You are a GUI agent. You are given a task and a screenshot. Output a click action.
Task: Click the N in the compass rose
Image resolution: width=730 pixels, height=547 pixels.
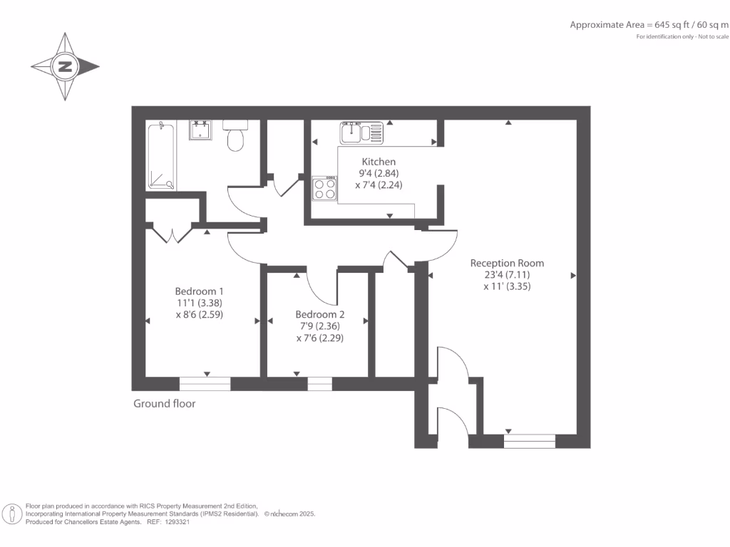[65, 66]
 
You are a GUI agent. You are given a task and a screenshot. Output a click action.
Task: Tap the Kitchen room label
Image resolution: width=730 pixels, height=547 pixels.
[379, 162]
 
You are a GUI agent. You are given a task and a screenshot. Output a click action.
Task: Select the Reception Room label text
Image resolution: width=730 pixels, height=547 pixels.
[507, 264]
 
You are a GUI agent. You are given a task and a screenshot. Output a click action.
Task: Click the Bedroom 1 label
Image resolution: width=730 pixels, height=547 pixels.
[200, 291]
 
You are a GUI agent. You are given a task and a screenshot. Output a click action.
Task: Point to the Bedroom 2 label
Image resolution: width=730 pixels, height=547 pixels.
[320, 314]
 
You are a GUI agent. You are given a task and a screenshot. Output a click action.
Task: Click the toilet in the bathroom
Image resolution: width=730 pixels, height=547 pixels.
[235, 135]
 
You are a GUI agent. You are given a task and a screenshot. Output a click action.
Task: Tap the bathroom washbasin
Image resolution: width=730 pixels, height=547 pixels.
[200, 130]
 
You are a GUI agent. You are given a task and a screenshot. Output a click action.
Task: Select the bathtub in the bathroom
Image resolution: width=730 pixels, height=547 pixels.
[161, 155]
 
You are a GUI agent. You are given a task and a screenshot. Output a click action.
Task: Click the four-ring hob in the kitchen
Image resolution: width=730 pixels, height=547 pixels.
[324, 188]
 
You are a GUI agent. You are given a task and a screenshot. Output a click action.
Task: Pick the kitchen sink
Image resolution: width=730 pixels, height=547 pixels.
[361, 132]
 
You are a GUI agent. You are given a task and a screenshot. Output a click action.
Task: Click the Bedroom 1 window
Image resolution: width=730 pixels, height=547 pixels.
[205, 384]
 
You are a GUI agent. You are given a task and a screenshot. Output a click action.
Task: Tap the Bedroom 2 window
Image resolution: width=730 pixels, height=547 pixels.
[320, 384]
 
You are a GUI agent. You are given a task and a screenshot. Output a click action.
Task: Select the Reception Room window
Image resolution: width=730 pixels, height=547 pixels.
[530, 441]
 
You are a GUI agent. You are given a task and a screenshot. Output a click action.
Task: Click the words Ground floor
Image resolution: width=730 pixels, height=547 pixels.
[165, 404]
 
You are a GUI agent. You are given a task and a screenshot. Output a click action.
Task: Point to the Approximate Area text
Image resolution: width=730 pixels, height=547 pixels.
[649, 25]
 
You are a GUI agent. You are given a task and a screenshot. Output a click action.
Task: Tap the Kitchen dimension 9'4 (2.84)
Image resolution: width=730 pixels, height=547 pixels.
[379, 174]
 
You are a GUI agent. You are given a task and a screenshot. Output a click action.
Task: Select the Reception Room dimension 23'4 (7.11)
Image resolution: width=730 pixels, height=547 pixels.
[507, 275]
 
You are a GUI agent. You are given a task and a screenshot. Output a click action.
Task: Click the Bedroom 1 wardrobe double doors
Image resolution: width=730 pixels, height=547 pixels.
[173, 234]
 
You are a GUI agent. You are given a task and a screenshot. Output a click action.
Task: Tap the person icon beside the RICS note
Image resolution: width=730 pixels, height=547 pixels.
[12, 514]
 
